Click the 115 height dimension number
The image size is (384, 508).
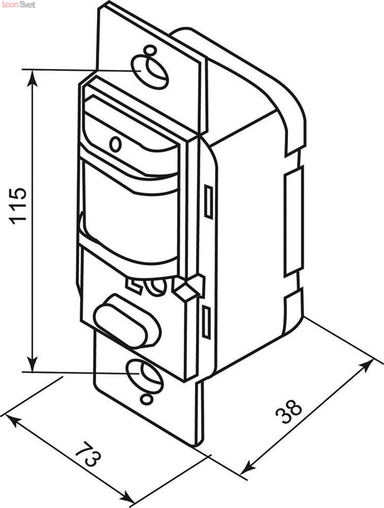18,206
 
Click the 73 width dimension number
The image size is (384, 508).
88,453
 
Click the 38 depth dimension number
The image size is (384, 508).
289,411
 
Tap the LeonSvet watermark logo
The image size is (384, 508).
18,5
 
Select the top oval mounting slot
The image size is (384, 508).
150,72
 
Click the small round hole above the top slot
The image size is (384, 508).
149,50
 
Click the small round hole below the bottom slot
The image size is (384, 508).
146,399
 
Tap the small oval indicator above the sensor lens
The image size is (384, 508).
115,144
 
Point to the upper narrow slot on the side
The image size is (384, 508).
208,202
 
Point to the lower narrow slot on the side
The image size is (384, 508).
206,322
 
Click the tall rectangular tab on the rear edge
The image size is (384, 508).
293,221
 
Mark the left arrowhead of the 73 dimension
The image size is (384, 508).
13,421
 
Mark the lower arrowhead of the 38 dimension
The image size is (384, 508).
249,467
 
